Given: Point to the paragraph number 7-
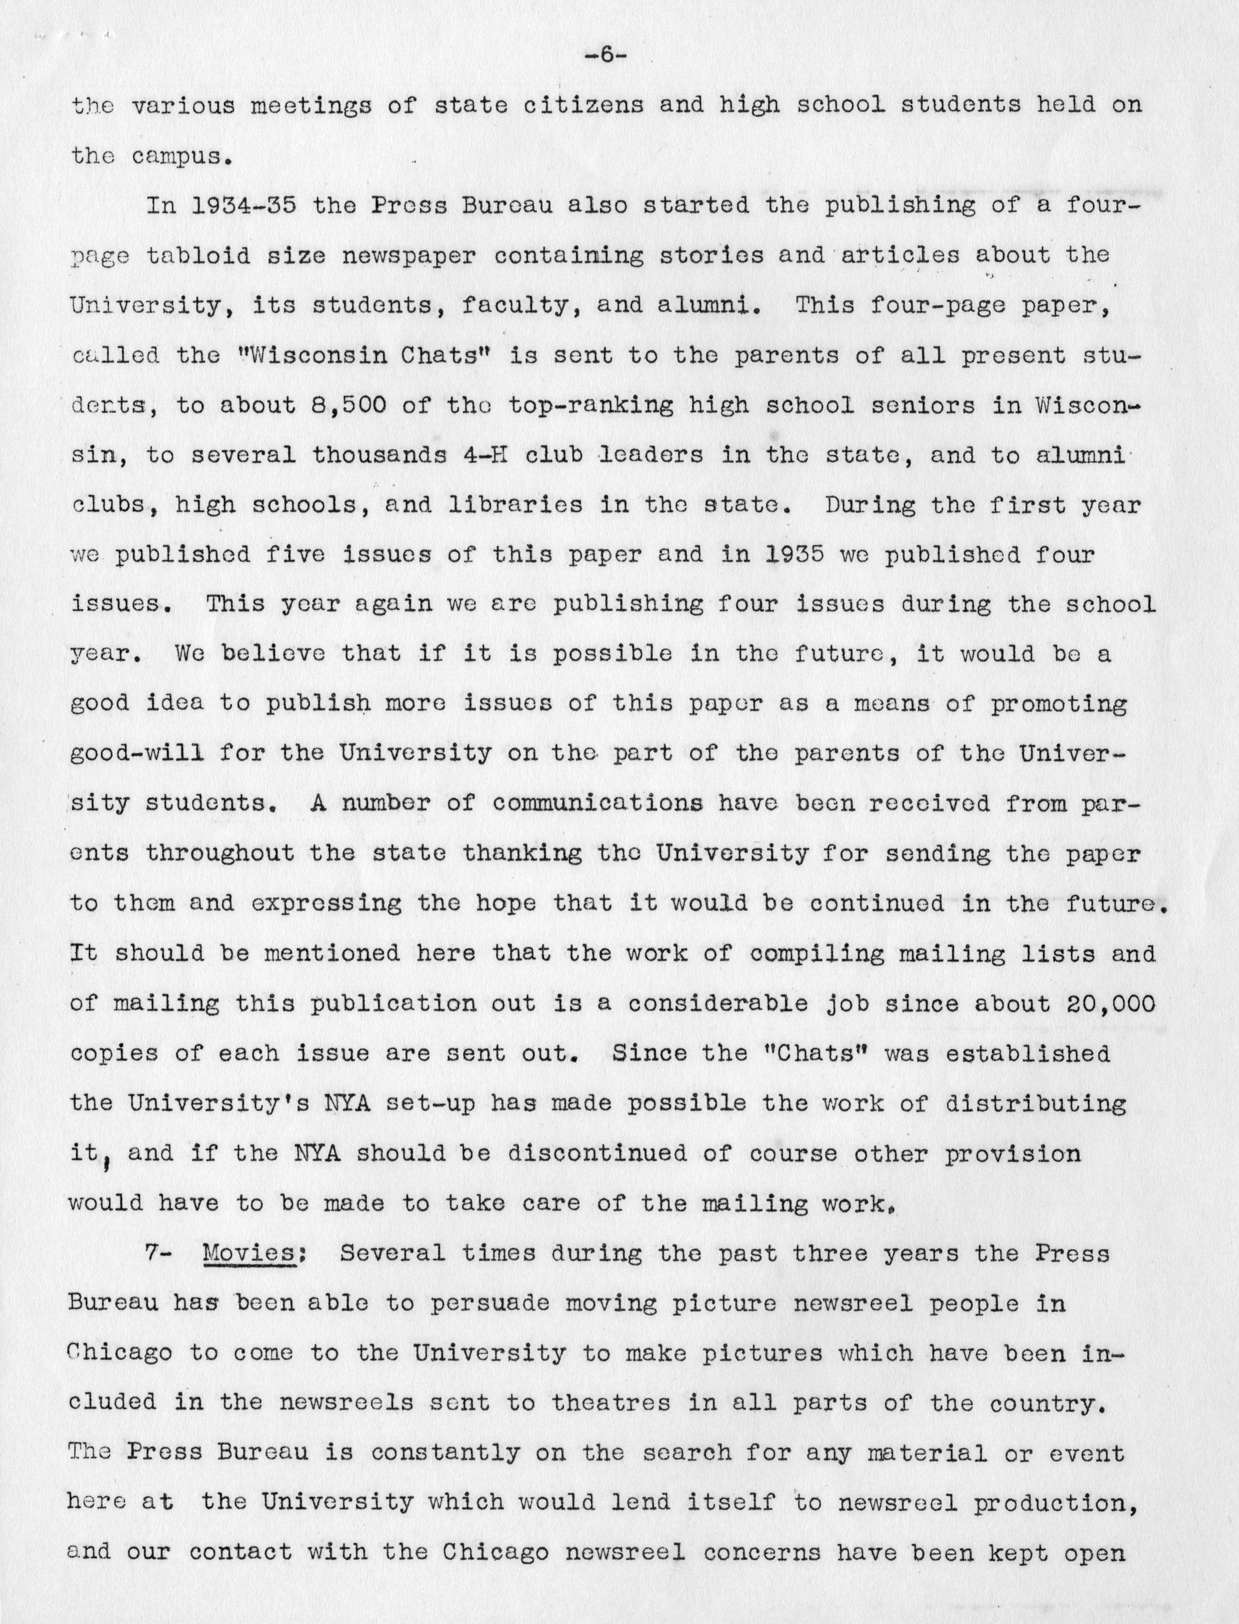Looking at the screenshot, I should [158, 1254].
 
